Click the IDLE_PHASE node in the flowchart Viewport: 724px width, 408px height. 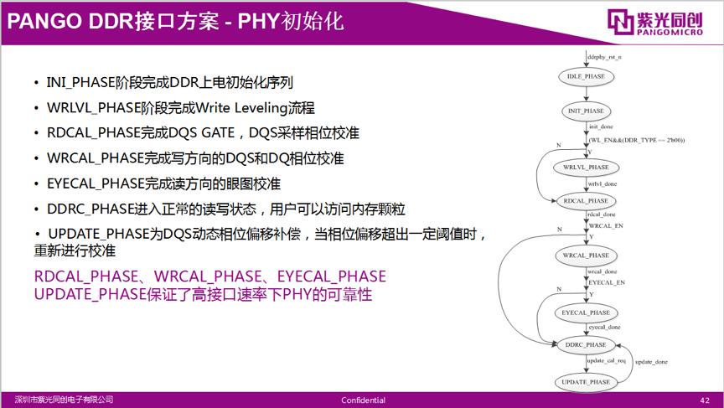586,76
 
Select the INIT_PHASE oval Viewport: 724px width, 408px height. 586,111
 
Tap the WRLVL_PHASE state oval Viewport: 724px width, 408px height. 586,168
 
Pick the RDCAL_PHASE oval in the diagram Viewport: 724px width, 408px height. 586,201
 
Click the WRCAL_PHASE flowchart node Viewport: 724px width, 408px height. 586,255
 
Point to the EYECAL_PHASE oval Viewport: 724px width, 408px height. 586,312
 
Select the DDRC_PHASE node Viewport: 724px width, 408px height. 586,344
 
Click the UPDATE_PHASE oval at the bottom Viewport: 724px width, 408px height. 586,382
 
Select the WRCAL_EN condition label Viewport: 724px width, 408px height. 607,226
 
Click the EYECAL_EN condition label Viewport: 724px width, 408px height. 608,283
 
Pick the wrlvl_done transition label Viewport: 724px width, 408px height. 603,183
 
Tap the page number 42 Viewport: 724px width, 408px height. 704,400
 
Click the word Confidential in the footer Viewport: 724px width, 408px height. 363,400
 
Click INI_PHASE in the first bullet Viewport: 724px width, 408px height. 75,83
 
